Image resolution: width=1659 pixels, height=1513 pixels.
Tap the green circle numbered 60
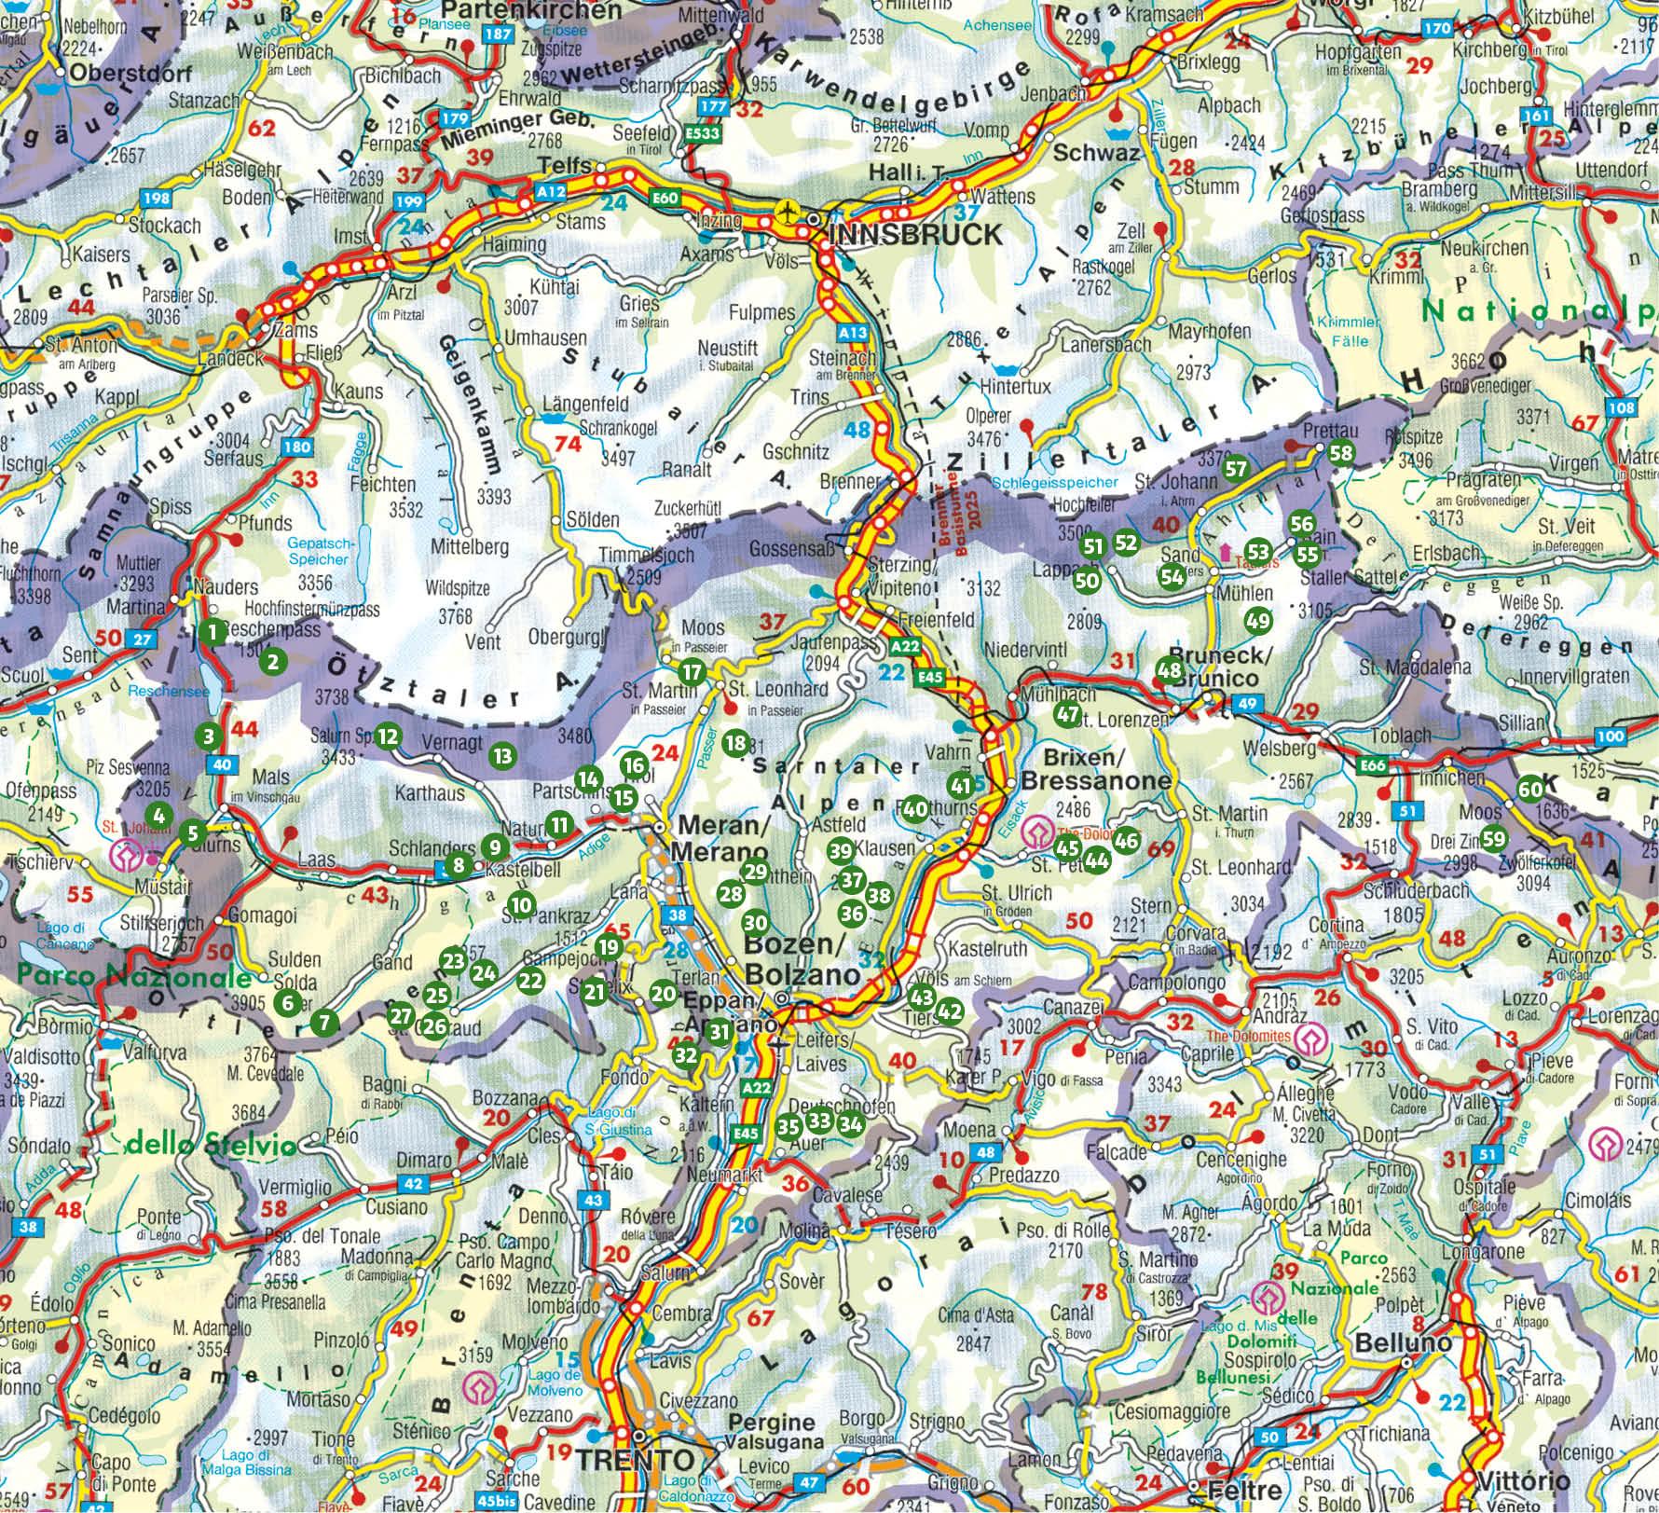(x=1529, y=789)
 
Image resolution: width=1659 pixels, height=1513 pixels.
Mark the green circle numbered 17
(x=691, y=671)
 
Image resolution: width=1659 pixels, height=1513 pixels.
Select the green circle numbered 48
(x=1169, y=669)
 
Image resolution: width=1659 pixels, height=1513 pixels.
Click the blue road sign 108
(x=1621, y=407)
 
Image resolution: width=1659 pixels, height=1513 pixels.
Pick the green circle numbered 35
(x=788, y=1126)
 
